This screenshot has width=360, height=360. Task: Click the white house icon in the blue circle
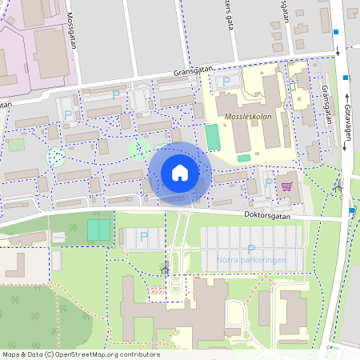tap(179, 172)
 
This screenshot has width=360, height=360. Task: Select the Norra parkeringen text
tap(250, 260)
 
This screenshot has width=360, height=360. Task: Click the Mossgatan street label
tap(71, 30)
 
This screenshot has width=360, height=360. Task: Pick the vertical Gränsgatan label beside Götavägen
tap(326, 104)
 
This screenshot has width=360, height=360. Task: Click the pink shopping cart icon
tap(286, 186)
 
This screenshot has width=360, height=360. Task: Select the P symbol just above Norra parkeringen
tap(251, 249)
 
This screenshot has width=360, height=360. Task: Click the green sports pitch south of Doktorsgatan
tap(98, 230)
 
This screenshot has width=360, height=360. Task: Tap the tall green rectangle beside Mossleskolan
tap(212, 136)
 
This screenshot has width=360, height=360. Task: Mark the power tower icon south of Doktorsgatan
tap(166, 268)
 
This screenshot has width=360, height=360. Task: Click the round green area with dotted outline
tap(55, 157)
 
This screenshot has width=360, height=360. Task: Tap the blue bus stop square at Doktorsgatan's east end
tap(352, 211)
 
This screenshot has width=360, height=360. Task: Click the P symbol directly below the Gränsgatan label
tap(226, 81)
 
